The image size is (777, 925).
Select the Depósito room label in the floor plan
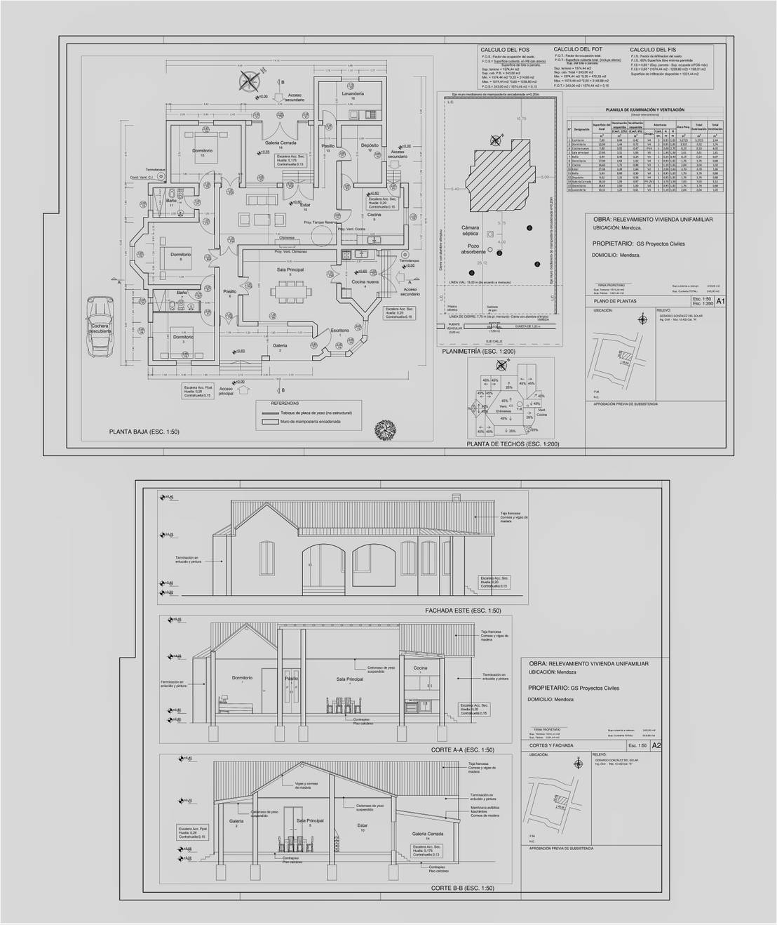[370, 145]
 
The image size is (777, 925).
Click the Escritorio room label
[340, 330]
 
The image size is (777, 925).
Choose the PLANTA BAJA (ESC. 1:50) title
[144, 432]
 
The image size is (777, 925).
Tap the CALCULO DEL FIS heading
[652, 50]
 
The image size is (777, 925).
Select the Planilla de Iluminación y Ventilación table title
[644, 110]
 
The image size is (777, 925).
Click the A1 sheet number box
[720, 301]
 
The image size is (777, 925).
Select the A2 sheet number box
[656, 745]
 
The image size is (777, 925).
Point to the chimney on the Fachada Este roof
[456, 499]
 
